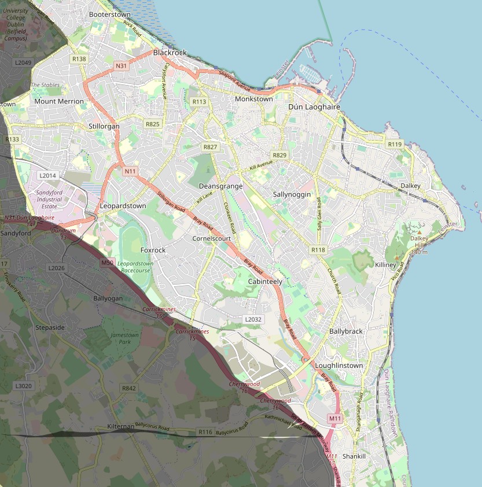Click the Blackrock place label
[170, 53]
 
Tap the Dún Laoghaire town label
[313, 107]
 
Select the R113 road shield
[198, 101]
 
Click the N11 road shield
[130, 171]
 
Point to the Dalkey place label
[410, 186]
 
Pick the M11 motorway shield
[334, 418]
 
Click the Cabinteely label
[265, 281]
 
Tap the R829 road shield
[279, 155]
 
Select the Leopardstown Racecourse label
[136, 267]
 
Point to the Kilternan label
[120, 426]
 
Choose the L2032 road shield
[253, 319]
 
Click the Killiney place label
[385, 264]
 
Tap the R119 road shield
[395, 144]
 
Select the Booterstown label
[110, 14]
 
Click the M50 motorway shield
[107, 263]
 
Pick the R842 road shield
[128, 388]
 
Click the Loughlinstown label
[338, 366]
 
